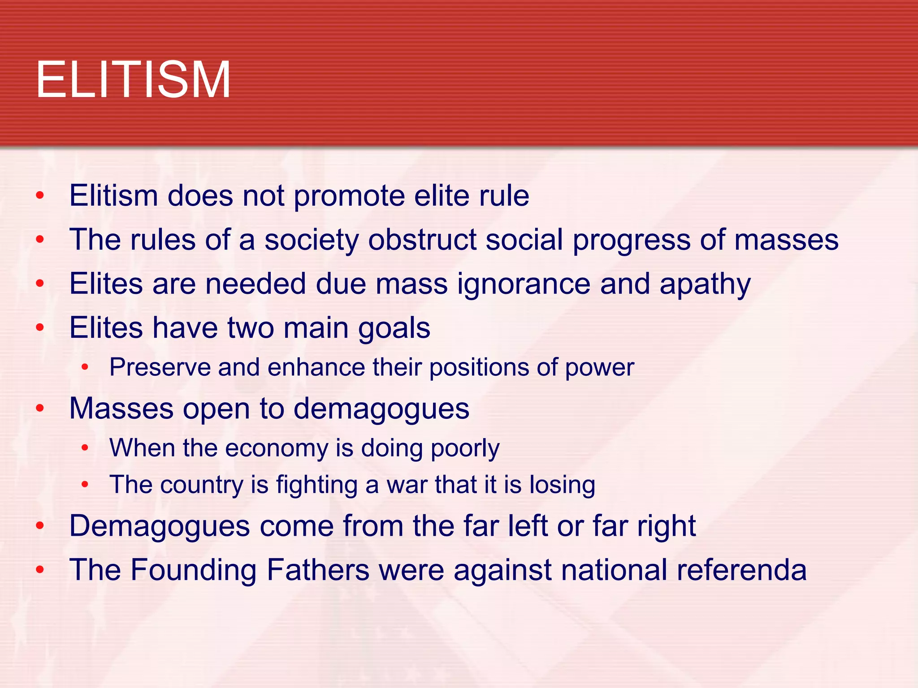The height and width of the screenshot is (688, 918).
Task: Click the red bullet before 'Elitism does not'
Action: (x=40, y=195)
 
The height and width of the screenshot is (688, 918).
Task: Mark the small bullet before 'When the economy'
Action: (x=85, y=447)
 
